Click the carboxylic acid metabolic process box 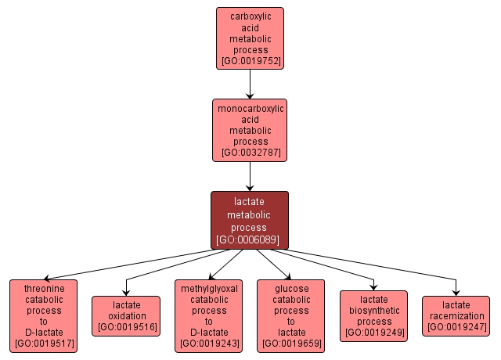coord(250,38)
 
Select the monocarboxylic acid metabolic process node coord(250,130)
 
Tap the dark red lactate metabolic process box coord(250,220)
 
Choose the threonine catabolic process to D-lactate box coord(44,315)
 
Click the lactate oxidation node coord(127,315)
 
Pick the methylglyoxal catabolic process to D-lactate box coord(208,315)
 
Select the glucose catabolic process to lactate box coord(291,315)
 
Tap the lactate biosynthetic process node coord(374,315)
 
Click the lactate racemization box coord(456,315)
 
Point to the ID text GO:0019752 coord(250,60)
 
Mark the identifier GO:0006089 coord(250,239)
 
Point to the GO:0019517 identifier coord(44,343)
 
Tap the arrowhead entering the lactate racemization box coord(456,291)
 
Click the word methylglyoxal coord(208,288)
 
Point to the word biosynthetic coord(374,310)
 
